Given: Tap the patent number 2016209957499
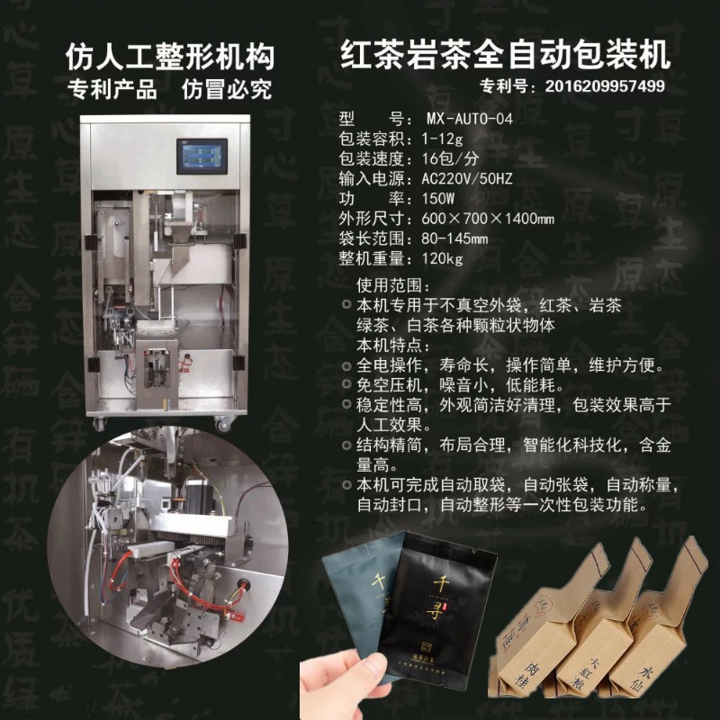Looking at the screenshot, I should point(598,86).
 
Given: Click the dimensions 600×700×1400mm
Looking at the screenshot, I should point(481,219).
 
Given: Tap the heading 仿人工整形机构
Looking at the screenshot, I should point(170,56).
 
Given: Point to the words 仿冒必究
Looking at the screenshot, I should point(227,90).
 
